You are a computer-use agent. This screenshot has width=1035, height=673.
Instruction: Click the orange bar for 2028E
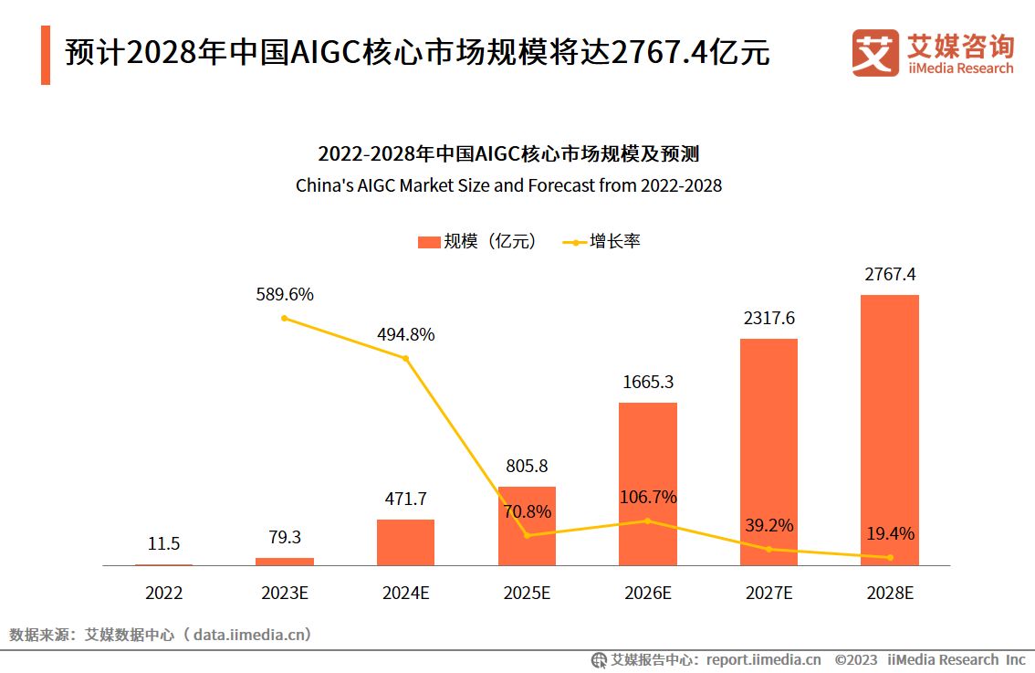889,429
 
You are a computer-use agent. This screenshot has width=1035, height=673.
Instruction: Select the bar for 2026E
647,483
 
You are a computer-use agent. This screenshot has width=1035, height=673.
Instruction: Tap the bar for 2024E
405,542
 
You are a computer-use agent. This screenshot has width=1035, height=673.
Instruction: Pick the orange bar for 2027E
768,452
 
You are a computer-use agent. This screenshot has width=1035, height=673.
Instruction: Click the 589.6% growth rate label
284,294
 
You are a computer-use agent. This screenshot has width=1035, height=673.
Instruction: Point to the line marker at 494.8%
406,358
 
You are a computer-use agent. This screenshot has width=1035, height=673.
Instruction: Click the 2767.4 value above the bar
889,274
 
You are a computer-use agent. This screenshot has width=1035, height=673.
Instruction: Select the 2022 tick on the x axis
163,593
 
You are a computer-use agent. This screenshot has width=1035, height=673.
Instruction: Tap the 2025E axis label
527,593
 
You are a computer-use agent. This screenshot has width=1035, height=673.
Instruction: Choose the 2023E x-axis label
285,593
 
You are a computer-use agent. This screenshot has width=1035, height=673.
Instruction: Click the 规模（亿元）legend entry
476,242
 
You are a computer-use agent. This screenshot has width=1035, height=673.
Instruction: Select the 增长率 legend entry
602,242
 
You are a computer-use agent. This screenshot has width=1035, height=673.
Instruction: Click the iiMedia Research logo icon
874,52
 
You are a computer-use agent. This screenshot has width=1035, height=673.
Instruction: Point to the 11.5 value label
163,543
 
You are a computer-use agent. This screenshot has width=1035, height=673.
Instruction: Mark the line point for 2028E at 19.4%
890,557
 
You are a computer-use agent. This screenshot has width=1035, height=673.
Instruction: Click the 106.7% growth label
647,497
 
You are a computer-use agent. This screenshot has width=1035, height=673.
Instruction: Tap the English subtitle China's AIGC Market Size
508,185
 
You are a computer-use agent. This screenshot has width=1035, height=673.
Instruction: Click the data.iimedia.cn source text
252,634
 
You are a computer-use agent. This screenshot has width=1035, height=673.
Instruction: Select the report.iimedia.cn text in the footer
763,659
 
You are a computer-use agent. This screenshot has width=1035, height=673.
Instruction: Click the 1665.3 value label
647,382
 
